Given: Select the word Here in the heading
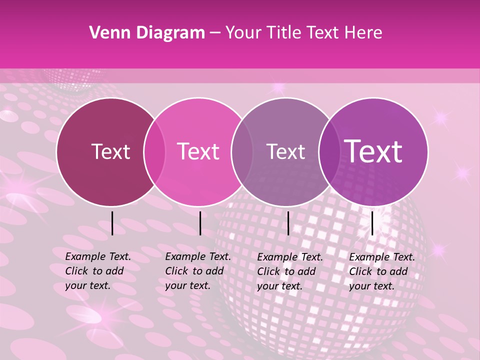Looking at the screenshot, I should pyautogui.click(x=363, y=33).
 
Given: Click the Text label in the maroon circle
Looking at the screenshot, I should pyautogui.click(x=110, y=151).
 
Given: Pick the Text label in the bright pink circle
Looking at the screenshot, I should pyautogui.click(x=198, y=151).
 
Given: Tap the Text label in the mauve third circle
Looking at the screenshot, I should pyautogui.click(x=285, y=151).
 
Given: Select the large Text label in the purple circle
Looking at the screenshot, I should pyautogui.click(x=373, y=151).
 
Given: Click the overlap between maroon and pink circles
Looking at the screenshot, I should pyautogui.click(x=154, y=152).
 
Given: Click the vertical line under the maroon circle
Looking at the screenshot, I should pyautogui.click(x=112, y=223).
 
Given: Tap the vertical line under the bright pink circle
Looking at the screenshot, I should pyautogui.click(x=200, y=223).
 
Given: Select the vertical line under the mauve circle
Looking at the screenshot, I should pyautogui.click(x=288, y=223).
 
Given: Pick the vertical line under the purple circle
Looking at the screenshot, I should pyautogui.click(x=372, y=223).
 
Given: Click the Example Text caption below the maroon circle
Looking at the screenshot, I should pyautogui.click(x=97, y=271).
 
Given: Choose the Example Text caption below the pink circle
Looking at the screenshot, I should pyautogui.click(x=197, y=271).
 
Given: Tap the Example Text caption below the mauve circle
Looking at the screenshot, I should pyautogui.click(x=289, y=271).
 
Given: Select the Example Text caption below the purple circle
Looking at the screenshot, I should pyautogui.click(x=381, y=271).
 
